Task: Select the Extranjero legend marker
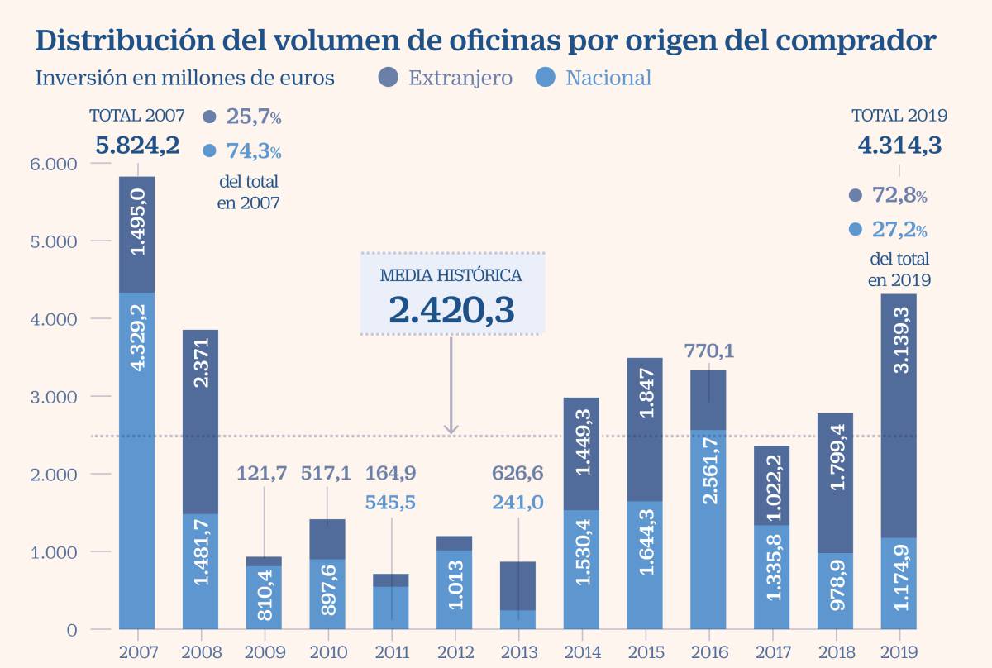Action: tap(389, 78)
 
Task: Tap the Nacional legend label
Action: tap(608, 79)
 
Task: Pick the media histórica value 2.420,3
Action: tap(452, 309)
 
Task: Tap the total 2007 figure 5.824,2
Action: tap(137, 146)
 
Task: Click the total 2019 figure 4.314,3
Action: tap(899, 146)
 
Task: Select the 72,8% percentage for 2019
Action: tap(899, 196)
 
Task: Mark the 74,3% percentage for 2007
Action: tap(253, 151)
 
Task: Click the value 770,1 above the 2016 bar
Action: tap(708, 351)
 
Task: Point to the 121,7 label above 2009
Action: tap(263, 474)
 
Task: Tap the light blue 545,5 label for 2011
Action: tap(390, 502)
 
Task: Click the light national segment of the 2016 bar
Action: tap(708, 529)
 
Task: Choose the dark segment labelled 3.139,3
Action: tap(899, 417)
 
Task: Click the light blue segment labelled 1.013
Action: tap(454, 589)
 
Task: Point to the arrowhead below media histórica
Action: tap(451, 428)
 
